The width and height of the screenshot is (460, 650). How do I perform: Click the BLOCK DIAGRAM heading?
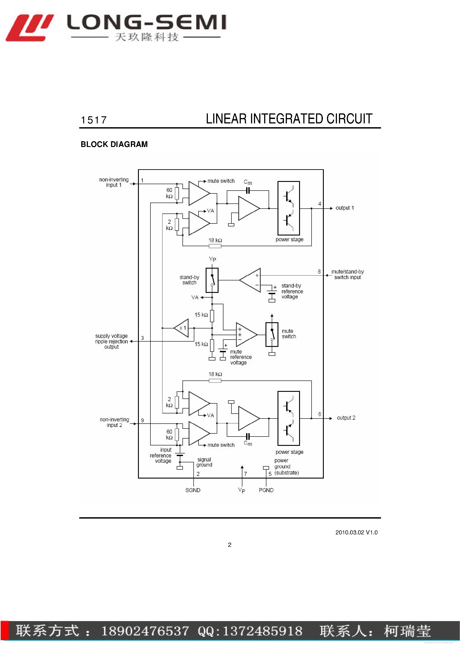coord(114,144)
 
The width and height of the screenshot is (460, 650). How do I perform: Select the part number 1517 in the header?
coord(94,120)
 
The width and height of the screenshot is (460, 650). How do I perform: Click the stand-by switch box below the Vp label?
coord(212,280)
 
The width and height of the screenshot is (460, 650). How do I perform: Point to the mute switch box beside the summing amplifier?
coord(272,334)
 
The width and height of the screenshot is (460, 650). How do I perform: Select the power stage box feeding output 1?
coord(288,208)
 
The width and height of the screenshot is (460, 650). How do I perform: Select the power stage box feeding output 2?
coord(288,418)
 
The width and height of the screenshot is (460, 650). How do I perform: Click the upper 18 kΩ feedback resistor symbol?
coord(215,246)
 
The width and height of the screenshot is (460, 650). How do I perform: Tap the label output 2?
coord(346,418)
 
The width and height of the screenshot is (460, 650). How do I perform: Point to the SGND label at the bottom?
coord(193,490)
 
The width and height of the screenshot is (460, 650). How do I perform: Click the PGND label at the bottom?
coord(266,490)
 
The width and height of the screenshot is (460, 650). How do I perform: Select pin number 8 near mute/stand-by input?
coord(319,272)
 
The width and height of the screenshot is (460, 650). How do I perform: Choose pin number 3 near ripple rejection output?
coord(142,338)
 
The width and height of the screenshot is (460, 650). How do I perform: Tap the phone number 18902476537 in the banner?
coord(145,631)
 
